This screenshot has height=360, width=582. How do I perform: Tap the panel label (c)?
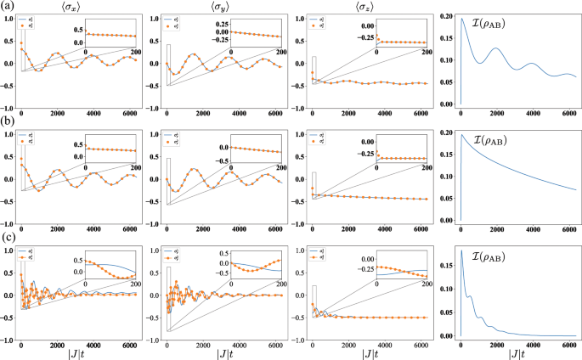[x=8, y=238]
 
